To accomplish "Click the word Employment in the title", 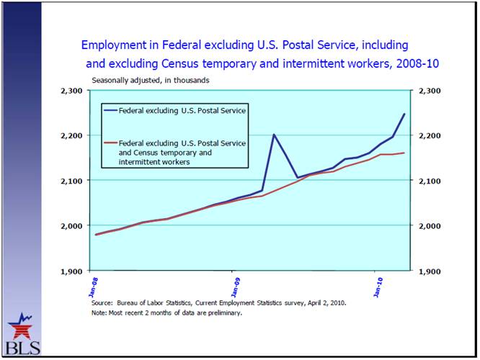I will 114,45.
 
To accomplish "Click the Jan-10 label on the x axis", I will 376,282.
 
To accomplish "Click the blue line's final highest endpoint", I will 404,114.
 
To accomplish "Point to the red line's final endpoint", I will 404,153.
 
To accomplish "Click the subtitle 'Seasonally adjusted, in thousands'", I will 150,81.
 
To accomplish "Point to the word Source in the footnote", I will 102,303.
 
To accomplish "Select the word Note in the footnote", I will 99,313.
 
